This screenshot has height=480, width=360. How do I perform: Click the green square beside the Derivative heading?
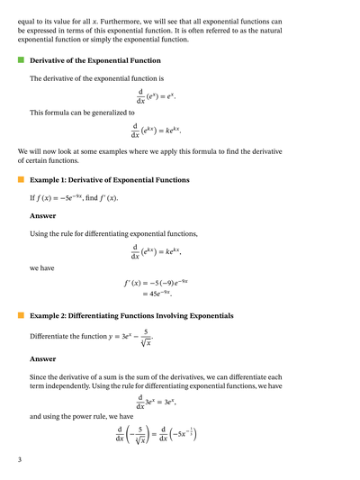click(21, 60)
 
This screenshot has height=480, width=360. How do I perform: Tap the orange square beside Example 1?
click(21, 179)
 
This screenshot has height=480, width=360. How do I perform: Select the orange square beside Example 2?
click(21, 316)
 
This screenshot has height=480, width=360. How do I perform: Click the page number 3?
click(19, 460)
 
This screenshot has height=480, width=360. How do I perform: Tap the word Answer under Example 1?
click(42, 215)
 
